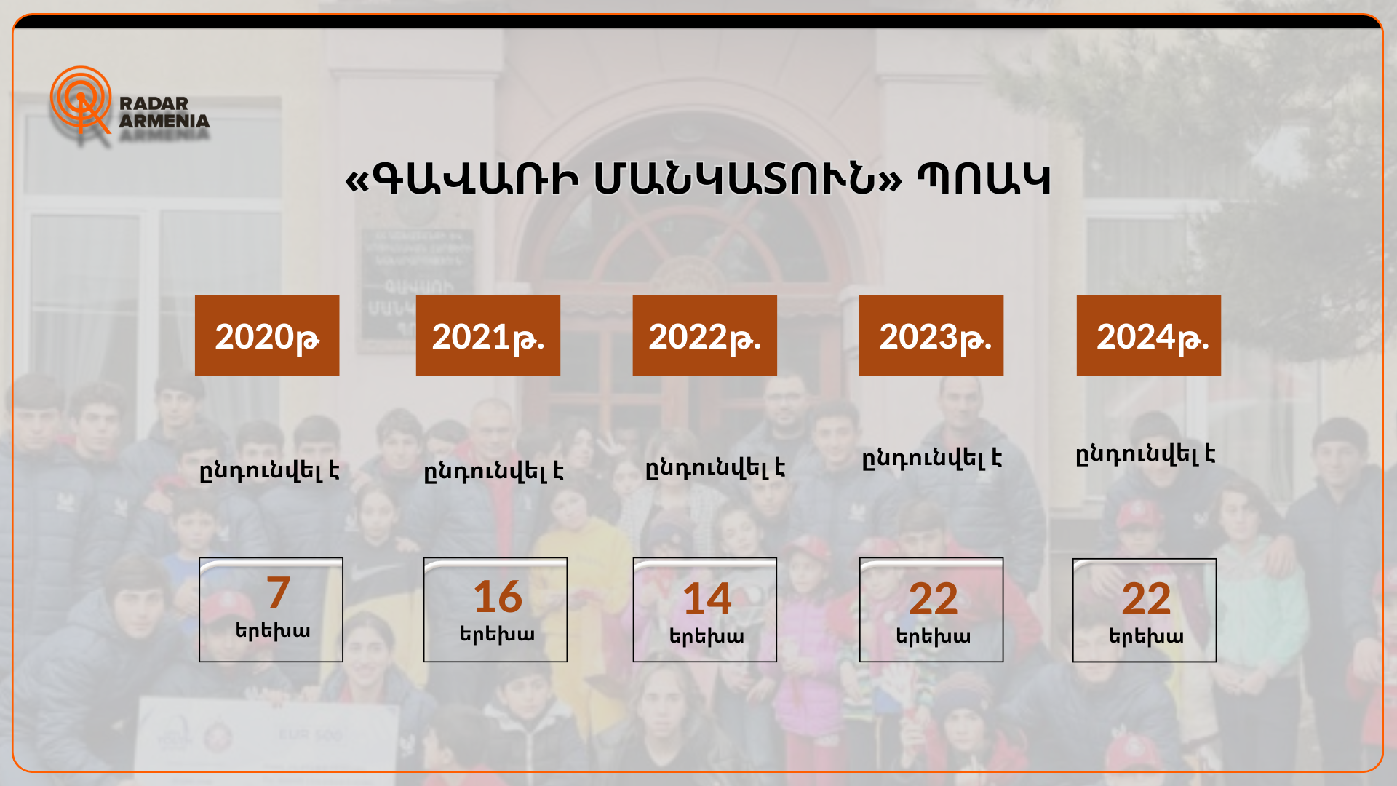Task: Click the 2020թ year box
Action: point(267,336)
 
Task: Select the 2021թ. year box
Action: point(488,336)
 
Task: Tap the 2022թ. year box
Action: point(705,336)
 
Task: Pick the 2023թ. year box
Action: point(931,336)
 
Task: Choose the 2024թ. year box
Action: point(1149,336)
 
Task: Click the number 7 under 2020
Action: point(278,592)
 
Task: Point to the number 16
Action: point(498,597)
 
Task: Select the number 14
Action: point(707,599)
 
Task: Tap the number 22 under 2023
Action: point(934,599)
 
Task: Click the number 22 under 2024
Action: point(1146,599)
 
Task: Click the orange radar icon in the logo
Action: point(81,100)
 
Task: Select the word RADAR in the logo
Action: point(154,103)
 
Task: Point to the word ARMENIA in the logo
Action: point(164,121)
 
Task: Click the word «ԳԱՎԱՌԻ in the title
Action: point(462,179)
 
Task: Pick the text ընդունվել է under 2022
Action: point(715,468)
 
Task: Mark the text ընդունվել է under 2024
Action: point(1145,454)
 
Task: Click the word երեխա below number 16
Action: point(497,635)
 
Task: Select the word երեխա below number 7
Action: point(273,630)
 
